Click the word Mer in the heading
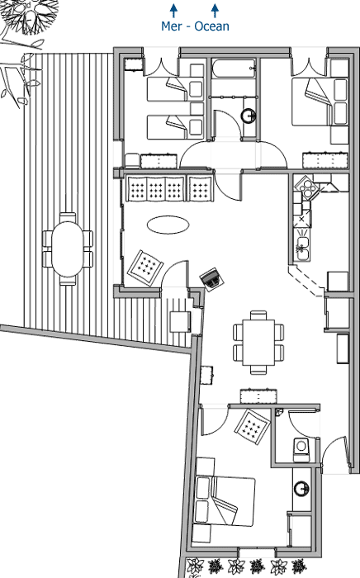[x=171, y=26]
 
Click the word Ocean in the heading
[x=212, y=26]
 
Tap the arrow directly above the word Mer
[x=173, y=10]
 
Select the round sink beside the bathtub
[x=249, y=116]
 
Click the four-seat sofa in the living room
[x=168, y=189]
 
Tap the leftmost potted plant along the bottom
[x=195, y=566]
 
